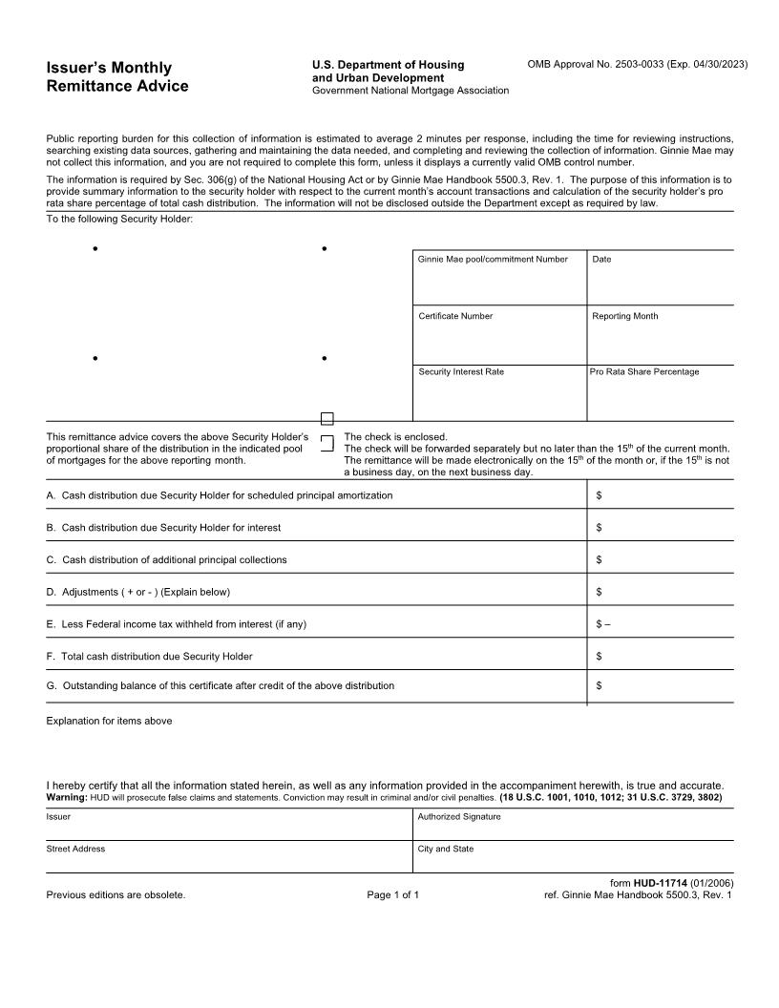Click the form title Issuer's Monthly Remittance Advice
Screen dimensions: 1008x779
pos(117,77)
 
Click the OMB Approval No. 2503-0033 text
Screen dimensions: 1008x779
pos(637,64)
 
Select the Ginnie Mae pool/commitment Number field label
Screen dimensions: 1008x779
pos(493,260)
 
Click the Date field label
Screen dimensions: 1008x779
pos(601,260)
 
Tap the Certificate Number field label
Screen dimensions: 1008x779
pos(455,316)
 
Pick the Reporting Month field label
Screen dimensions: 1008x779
pos(624,316)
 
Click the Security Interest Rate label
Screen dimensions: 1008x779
pos(460,371)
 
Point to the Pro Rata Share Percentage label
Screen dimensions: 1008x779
pos(644,371)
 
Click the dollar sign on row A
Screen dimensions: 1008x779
pos(599,495)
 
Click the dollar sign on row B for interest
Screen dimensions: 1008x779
pos(599,528)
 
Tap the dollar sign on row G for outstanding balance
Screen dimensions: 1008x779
pos(599,685)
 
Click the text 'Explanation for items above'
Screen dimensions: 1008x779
pos(109,721)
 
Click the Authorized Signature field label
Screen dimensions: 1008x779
pos(458,817)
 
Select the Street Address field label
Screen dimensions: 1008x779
pos(75,849)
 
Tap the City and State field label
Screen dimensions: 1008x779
pos(446,849)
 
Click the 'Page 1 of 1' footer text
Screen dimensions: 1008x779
pos(392,895)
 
